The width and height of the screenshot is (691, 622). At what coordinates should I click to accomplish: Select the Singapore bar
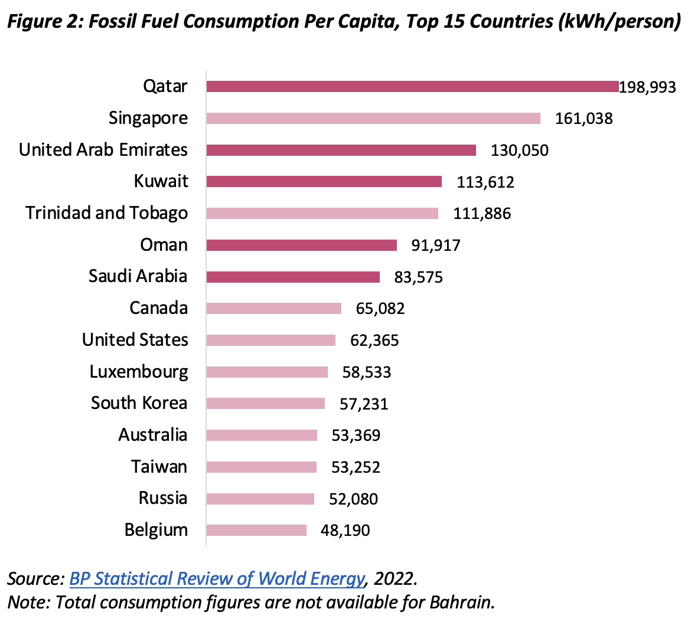pyautogui.click(x=373, y=118)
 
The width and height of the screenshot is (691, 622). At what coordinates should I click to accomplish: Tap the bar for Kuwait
pyautogui.click(x=324, y=182)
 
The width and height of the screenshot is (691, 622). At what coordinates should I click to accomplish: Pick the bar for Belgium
pyautogui.click(x=256, y=530)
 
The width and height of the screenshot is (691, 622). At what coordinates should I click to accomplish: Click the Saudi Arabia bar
pyautogui.click(x=293, y=277)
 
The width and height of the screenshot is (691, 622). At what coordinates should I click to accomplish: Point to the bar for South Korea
pyautogui.click(x=265, y=404)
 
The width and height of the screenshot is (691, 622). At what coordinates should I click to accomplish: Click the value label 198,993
pyautogui.click(x=647, y=87)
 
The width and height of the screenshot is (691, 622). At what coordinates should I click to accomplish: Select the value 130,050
pyautogui.click(x=520, y=150)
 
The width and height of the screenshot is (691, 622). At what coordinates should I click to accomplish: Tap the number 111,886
pyautogui.click(x=482, y=214)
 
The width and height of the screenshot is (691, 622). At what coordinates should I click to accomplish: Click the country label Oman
pyautogui.click(x=164, y=245)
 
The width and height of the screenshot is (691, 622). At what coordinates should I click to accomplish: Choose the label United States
pyautogui.click(x=135, y=340)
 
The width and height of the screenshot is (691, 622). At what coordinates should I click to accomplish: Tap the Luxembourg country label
pyautogui.click(x=139, y=372)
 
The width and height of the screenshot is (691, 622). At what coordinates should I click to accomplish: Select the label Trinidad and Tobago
pyautogui.click(x=107, y=213)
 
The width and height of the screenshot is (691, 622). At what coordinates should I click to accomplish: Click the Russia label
pyautogui.click(x=163, y=498)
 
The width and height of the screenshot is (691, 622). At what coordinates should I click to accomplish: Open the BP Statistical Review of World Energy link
pyautogui.click(x=217, y=579)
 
